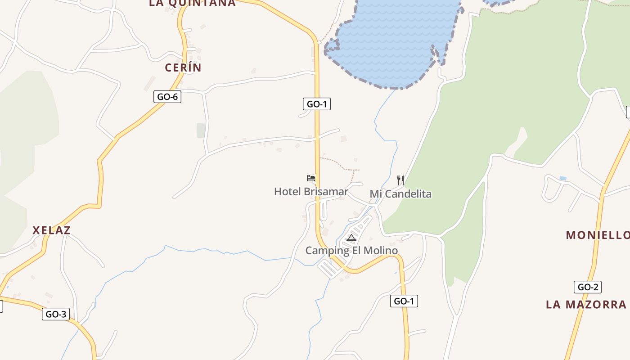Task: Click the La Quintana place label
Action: (x=192, y=3)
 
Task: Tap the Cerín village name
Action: (x=183, y=68)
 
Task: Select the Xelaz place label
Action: (x=51, y=230)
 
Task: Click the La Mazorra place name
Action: (x=586, y=305)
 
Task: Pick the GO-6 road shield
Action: (x=167, y=97)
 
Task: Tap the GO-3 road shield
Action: (x=56, y=314)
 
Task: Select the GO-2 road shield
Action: (x=588, y=287)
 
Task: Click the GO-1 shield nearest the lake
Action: (x=317, y=104)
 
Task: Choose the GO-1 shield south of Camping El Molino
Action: (x=404, y=301)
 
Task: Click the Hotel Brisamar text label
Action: (x=311, y=192)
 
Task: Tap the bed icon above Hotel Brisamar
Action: (x=311, y=178)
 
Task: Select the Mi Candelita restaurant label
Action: (x=400, y=194)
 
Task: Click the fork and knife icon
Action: (x=400, y=180)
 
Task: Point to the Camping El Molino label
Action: (x=351, y=251)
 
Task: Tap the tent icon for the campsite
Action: (x=351, y=238)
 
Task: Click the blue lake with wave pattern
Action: (x=391, y=40)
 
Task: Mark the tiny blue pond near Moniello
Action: (x=563, y=179)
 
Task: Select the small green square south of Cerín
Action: (x=201, y=130)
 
